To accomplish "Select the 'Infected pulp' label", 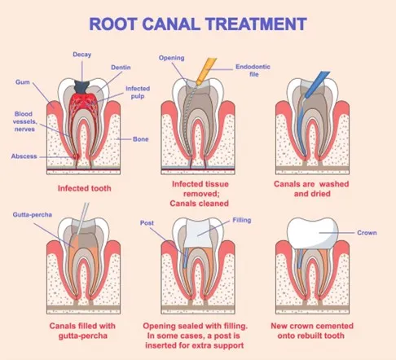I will [x=138, y=91].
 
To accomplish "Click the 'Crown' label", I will [x=364, y=232].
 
